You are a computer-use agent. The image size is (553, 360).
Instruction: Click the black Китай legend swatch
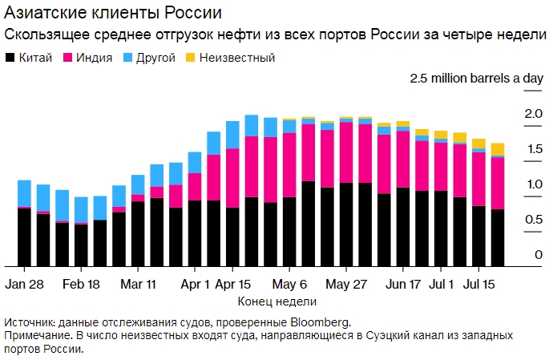[10, 58]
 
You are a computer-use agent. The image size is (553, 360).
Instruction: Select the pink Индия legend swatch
[68, 58]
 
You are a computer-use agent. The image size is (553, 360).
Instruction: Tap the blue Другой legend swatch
[129, 58]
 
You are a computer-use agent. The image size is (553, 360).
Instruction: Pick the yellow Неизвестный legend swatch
[190, 58]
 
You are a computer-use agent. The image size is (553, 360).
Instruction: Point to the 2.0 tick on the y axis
[534, 115]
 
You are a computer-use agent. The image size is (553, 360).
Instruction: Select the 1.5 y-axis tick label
[534, 150]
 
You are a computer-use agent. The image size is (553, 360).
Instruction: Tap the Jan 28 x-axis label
[24, 285]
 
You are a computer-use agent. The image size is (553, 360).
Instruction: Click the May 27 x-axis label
[347, 285]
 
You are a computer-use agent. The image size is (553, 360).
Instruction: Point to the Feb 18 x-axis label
[81, 285]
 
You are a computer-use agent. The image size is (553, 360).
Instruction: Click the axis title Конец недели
[277, 302]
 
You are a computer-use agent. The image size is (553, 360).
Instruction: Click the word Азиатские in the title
[45, 14]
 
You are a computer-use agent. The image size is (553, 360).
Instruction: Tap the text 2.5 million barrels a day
[477, 79]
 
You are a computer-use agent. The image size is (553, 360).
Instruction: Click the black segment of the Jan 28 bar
[24, 237]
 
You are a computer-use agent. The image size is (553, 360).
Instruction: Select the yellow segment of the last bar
[498, 149]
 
